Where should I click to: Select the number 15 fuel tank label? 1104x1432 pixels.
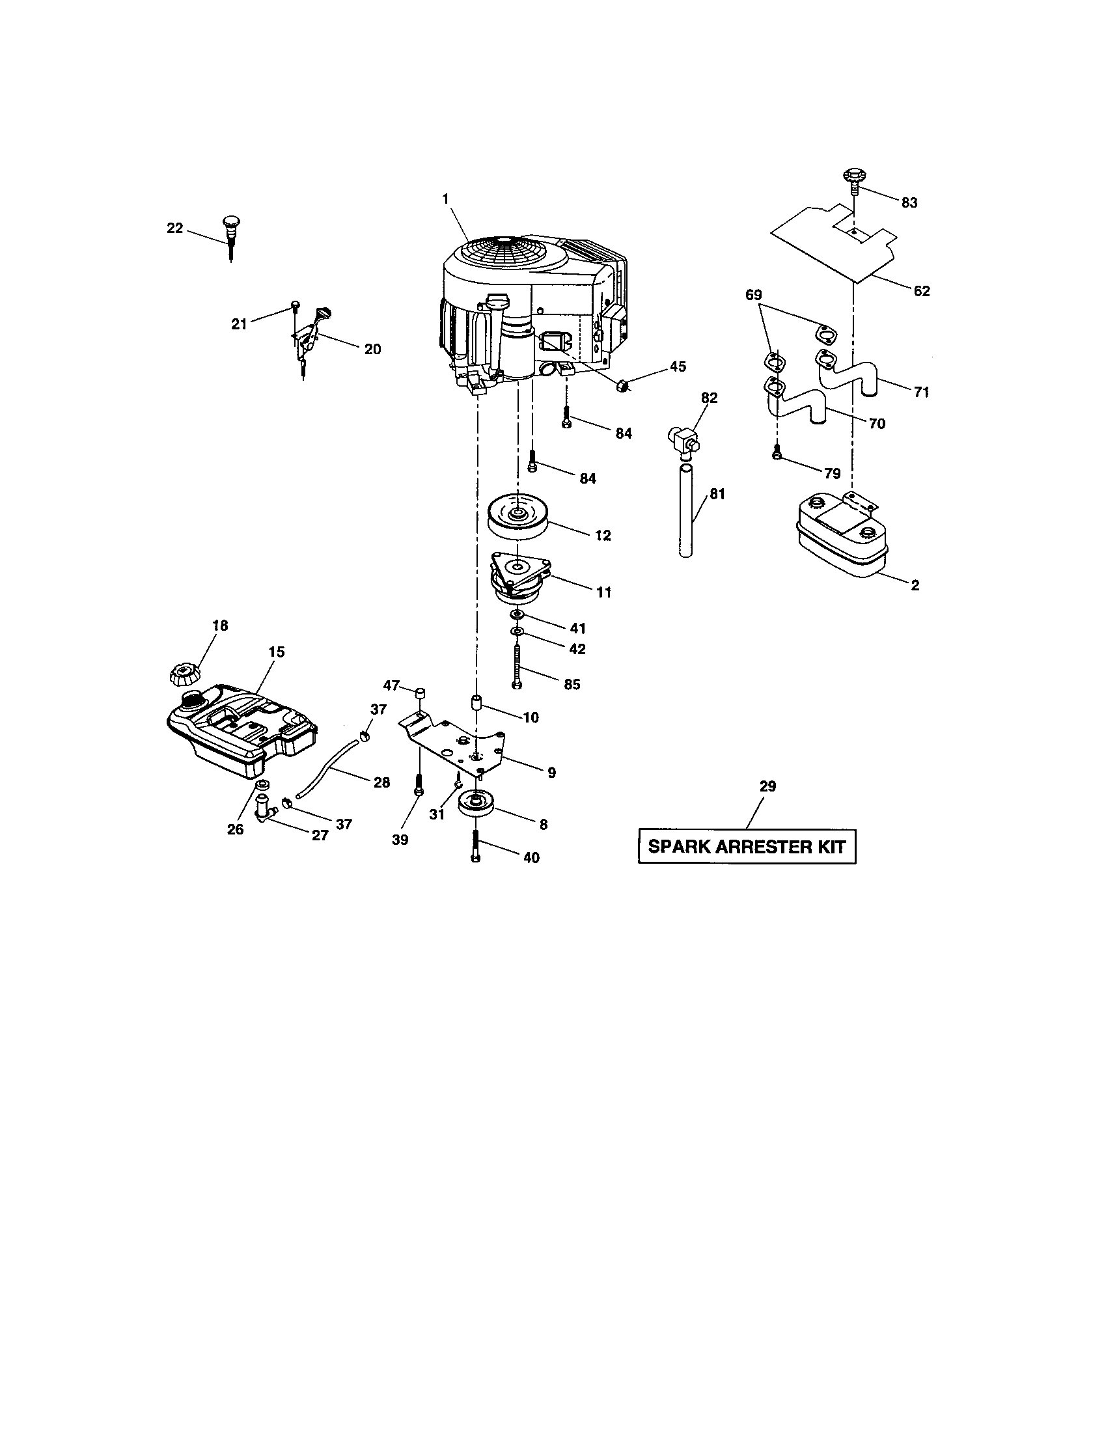(x=276, y=652)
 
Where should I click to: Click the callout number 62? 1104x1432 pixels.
(x=921, y=291)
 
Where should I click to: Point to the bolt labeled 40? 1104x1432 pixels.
(x=476, y=844)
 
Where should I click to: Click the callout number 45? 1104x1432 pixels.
(x=678, y=366)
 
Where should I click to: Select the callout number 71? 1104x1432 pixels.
(x=921, y=392)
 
